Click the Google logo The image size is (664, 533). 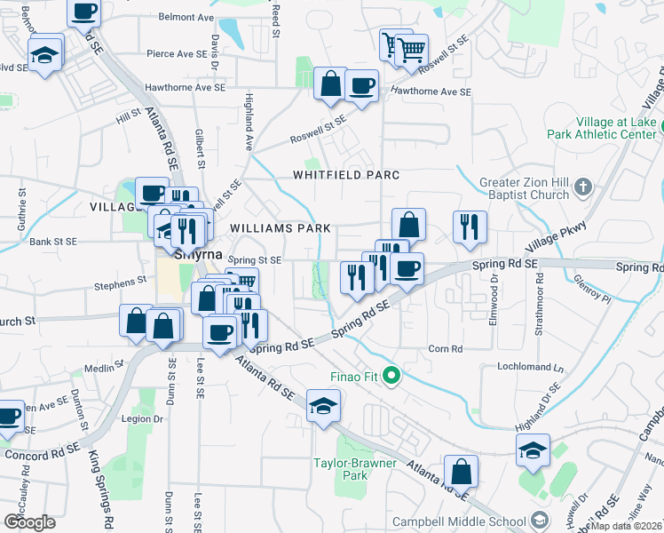(29, 521)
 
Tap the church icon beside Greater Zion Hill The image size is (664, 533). (582, 187)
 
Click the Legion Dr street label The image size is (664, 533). (146, 418)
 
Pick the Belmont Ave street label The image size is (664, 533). (186, 17)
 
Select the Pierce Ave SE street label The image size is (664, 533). (177, 53)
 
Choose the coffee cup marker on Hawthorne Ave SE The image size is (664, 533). (361, 86)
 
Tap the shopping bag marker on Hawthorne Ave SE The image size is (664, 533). (330, 84)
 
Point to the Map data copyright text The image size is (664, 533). (626, 526)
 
